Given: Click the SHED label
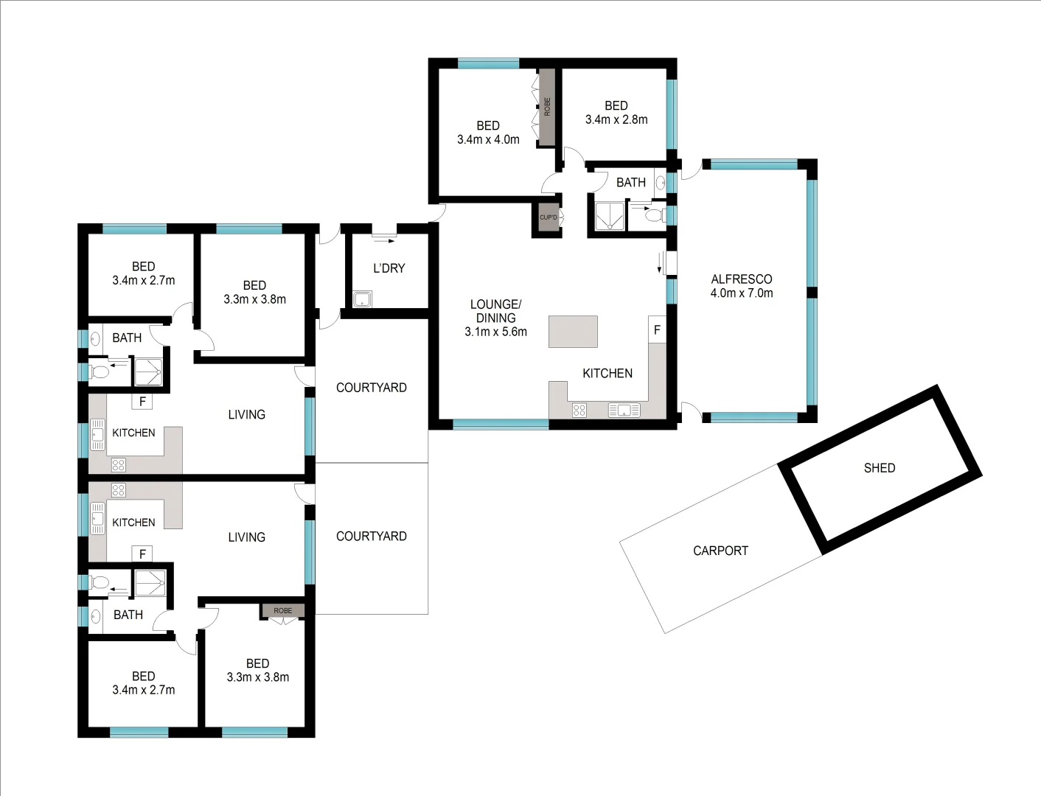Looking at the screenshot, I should click(x=879, y=468).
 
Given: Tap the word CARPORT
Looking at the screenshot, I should click(x=720, y=551).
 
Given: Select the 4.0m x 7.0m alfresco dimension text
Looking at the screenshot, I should click(x=741, y=293).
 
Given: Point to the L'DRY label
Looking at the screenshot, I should click(x=389, y=268).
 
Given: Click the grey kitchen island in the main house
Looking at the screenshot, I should click(x=573, y=332).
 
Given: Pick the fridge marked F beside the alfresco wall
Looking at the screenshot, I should click(x=657, y=330).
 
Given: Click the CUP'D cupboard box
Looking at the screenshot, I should click(x=548, y=218).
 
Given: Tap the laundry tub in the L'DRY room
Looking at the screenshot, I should click(x=362, y=299).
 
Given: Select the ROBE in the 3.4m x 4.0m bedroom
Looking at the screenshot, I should click(x=546, y=107).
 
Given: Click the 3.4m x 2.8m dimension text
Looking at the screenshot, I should click(x=616, y=119).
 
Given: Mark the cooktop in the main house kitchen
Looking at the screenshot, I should click(x=579, y=411).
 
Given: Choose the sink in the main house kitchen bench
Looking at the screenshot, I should click(x=624, y=411).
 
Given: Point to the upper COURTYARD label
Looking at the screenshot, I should click(x=371, y=388).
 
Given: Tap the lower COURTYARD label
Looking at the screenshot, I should click(x=371, y=537).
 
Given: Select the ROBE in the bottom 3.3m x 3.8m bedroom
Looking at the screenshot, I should click(x=283, y=611).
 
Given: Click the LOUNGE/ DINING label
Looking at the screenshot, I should click(x=495, y=311).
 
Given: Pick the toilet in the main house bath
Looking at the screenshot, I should click(x=652, y=215).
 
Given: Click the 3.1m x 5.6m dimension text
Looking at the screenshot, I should click(x=495, y=332).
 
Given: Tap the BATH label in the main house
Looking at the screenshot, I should click(x=630, y=183).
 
